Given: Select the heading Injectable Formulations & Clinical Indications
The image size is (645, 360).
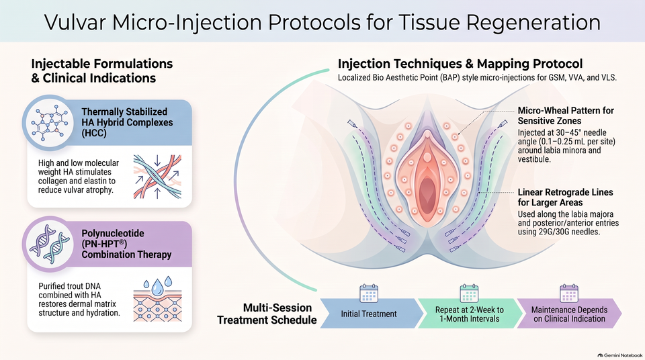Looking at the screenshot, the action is [x=102, y=71].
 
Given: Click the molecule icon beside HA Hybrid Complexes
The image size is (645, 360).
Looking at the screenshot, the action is [x=49, y=124].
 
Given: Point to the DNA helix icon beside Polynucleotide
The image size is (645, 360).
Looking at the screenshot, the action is [x=49, y=244].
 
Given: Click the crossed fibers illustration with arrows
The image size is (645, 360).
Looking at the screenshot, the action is [x=157, y=177].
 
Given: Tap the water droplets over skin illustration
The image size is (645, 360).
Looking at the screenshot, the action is [x=157, y=299].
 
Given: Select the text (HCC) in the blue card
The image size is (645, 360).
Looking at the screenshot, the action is [x=94, y=133].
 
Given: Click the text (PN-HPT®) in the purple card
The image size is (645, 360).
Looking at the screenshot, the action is [x=105, y=244].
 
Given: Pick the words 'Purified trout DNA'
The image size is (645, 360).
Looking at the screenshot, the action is [x=69, y=286].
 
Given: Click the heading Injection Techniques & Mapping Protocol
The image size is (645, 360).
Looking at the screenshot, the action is [x=460, y=64].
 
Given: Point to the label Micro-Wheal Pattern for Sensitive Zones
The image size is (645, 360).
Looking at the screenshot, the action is [x=566, y=116].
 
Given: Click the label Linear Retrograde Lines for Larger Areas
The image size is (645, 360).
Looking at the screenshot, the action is [x=565, y=197].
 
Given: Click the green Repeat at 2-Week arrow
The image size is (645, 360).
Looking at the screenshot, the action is [x=470, y=314].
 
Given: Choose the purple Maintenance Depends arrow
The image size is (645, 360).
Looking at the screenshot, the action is [x=569, y=314].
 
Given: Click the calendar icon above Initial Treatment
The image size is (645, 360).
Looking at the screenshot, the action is [x=369, y=294].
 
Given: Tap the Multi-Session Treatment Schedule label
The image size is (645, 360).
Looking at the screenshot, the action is [x=267, y=314].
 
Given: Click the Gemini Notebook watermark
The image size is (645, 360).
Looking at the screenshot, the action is [x=620, y=355].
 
